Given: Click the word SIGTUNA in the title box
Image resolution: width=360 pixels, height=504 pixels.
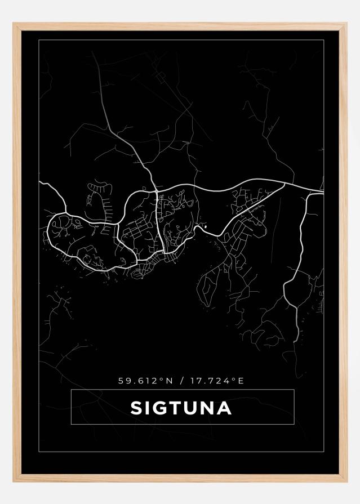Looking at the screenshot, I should click(181, 407).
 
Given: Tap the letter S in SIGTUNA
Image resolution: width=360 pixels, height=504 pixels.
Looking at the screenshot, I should click(136, 407).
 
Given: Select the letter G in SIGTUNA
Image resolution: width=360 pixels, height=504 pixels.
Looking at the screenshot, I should click(161, 407).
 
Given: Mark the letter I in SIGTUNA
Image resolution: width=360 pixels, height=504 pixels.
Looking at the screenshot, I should click(148, 407).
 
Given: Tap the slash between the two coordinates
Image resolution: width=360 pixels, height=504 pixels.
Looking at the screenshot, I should click(180, 381).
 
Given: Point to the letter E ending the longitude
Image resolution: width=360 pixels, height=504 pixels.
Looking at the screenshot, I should click(241, 381).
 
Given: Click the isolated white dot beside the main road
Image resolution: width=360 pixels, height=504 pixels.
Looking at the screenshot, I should click(205, 226).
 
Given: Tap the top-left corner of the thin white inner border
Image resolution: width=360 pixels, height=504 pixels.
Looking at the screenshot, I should click(38, 41).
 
